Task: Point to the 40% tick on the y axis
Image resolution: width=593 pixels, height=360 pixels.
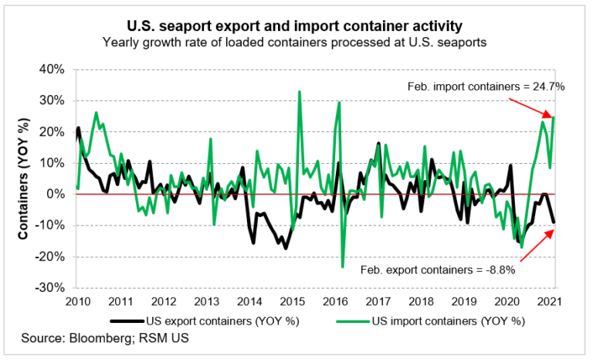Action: point(52,69)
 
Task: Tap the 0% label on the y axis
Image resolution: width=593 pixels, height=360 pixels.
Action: point(56,194)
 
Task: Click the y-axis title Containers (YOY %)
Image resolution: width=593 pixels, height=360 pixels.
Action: point(24,178)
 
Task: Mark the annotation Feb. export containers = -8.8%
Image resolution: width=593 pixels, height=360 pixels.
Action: point(438,270)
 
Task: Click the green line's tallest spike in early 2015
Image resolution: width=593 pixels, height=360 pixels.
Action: point(299,92)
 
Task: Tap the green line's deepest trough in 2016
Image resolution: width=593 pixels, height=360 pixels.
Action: point(343,267)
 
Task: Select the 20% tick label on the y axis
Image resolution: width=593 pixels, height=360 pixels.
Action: point(52,131)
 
